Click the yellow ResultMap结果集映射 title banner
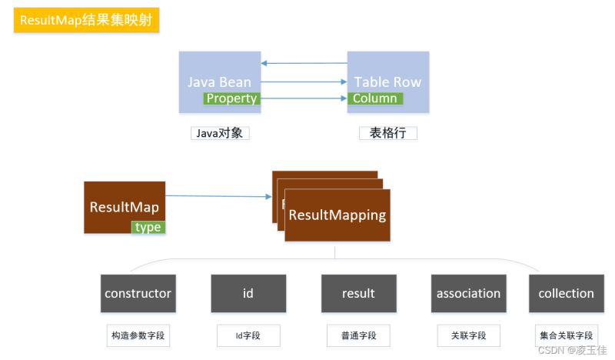coord(86,21)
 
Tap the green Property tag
coord(231,98)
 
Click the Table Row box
coord(387,73)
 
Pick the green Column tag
coord(375,98)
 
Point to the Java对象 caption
coord(221,133)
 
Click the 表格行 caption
coord(388,133)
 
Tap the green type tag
coord(148,227)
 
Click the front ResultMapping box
coord(337,215)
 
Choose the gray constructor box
coord(138,293)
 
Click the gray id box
coord(248,293)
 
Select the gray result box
coord(358,293)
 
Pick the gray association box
coord(468,293)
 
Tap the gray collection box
coord(566,293)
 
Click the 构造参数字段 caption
coord(138,336)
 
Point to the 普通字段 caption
coord(358,336)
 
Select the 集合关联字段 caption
coord(566,336)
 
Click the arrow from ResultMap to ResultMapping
coord(219,197)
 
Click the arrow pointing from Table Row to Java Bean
coord(304,63)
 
